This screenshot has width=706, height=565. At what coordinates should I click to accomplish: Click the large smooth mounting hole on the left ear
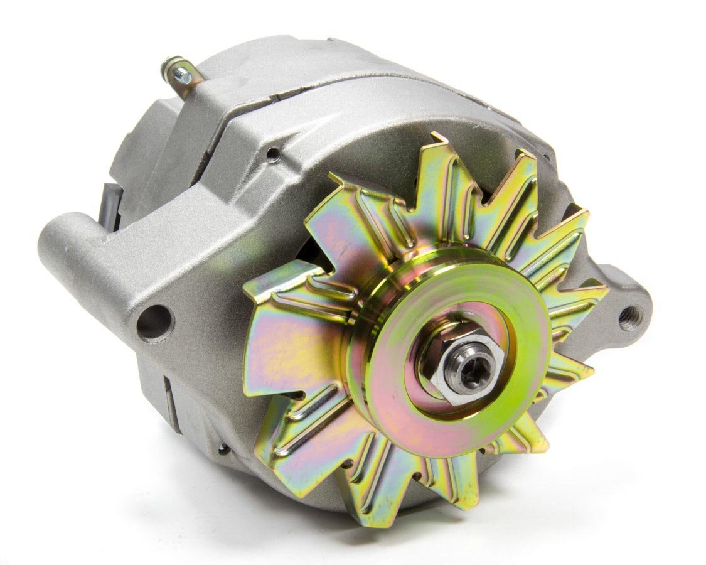pyautogui.click(x=153, y=322)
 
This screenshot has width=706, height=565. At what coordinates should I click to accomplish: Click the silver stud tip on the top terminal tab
pyautogui.click(x=184, y=75)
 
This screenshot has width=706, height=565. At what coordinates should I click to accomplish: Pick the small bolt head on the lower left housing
pyautogui.click(x=223, y=448)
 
